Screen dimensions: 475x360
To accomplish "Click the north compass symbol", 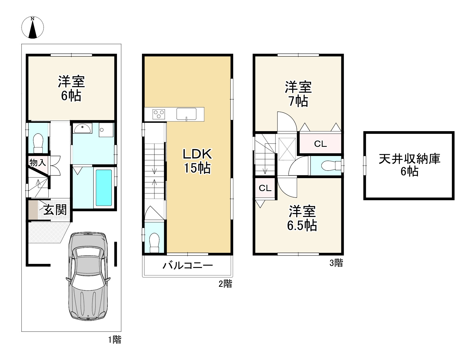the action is click(32, 27).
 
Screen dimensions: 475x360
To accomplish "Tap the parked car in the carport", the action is click(87, 276).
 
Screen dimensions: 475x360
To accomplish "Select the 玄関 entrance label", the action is click(55, 210).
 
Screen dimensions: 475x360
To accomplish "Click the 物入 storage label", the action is click(38, 163).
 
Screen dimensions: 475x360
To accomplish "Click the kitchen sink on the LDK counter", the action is click(186, 114).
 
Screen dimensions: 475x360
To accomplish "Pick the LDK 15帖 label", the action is click(197, 161).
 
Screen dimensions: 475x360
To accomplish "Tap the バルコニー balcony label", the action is click(188, 266).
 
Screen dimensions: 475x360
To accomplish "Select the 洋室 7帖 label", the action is click(298, 94).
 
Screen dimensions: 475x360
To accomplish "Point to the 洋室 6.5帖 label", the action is click(302, 218).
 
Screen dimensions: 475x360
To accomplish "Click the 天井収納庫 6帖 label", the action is click(409, 165).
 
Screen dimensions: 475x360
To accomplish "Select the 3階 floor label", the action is click(336, 263).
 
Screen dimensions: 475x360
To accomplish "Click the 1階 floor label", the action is click(115, 339).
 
